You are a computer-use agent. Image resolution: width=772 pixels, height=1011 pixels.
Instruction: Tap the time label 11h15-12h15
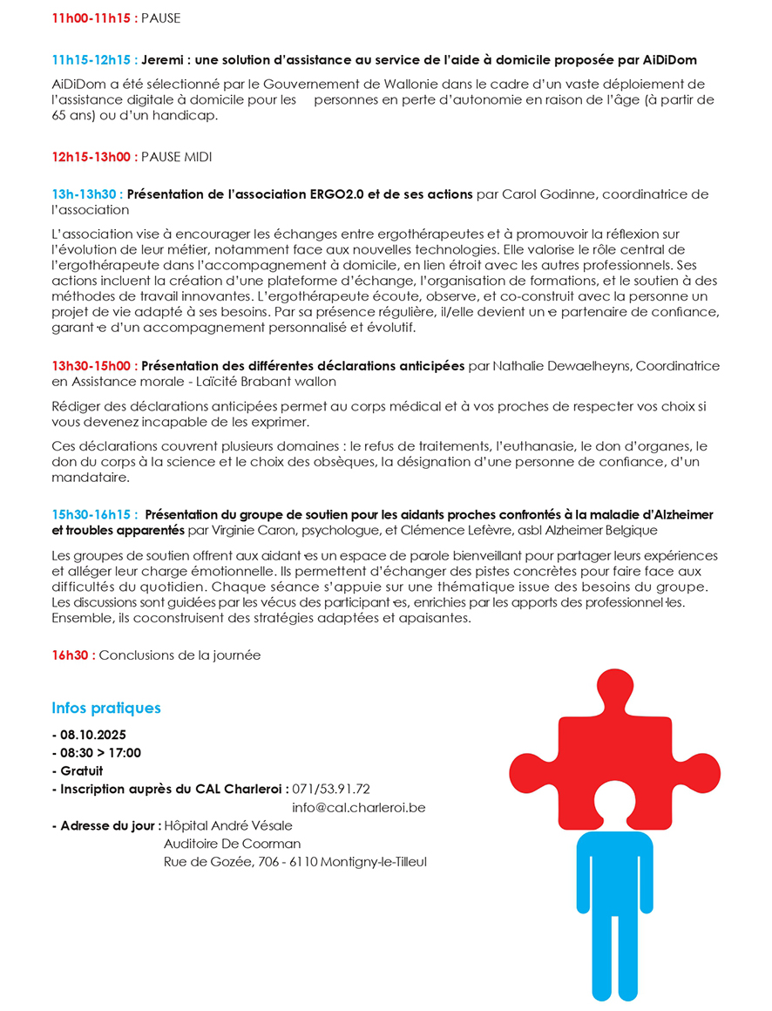tap(93, 60)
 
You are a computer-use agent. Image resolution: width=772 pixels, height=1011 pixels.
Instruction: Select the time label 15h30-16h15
tap(94, 514)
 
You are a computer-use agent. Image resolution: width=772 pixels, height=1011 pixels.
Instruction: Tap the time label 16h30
tap(73, 655)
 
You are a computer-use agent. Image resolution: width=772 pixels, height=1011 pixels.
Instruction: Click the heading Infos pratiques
tap(106, 708)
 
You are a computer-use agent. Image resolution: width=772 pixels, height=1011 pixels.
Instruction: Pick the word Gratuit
tap(81, 771)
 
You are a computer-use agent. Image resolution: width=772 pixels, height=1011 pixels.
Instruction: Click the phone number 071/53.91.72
tap(332, 790)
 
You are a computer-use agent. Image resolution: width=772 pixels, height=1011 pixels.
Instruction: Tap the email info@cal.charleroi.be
tap(358, 808)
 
